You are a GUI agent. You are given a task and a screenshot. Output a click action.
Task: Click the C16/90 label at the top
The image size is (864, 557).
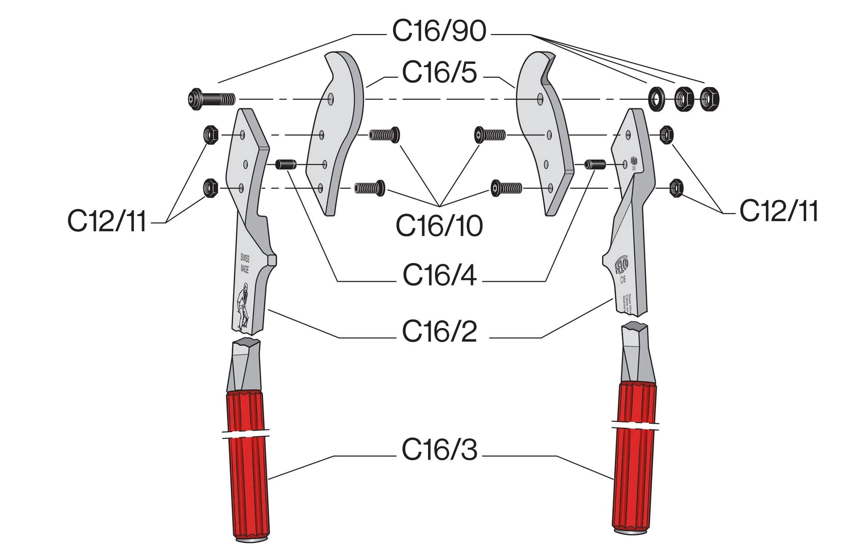click(x=439, y=32)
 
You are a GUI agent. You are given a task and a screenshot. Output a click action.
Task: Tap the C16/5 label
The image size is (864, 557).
click(x=439, y=73)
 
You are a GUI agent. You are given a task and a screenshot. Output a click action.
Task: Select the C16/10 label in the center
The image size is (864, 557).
click(x=439, y=226)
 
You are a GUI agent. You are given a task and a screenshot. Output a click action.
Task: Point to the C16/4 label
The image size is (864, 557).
click(x=439, y=275)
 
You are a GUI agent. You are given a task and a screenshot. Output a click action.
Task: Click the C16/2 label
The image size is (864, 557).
click(x=439, y=332)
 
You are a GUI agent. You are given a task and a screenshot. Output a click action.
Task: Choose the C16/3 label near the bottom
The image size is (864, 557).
click(x=439, y=450)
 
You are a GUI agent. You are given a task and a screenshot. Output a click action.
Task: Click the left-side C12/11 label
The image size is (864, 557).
click(x=107, y=221)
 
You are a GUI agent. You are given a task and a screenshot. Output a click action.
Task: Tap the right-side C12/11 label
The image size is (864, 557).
click(x=778, y=211)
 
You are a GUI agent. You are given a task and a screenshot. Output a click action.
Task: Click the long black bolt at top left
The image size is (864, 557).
click(x=211, y=98)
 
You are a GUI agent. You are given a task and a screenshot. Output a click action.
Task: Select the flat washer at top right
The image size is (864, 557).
click(x=656, y=99)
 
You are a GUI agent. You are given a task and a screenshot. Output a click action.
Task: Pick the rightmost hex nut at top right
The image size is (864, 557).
click(x=709, y=99)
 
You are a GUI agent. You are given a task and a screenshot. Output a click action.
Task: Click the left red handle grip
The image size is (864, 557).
click(x=249, y=462)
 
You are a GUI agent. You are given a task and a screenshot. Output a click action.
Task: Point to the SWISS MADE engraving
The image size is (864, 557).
click(x=245, y=263)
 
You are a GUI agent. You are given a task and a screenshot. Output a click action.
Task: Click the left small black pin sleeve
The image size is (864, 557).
click(x=285, y=165)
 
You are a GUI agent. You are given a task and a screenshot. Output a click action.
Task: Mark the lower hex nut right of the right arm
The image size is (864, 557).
click(x=675, y=188)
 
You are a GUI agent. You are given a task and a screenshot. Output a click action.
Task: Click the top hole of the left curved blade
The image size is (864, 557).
click(x=331, y=99)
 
